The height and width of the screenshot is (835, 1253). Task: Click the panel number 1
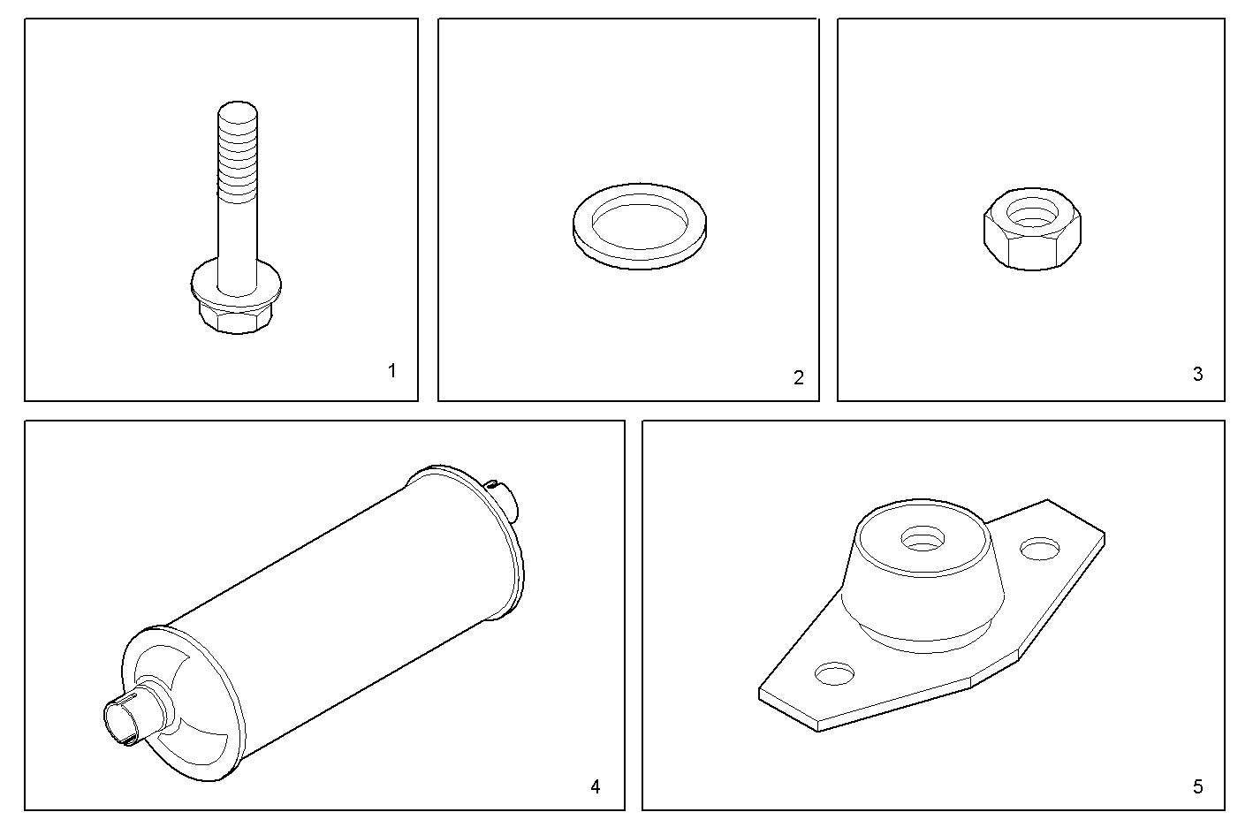[x=392, y=371]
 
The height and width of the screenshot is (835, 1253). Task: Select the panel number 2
[x=799, y=378]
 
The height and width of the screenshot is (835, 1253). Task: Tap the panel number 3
[x=1197, y=374]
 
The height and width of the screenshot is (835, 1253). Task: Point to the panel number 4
[x=596, y=787]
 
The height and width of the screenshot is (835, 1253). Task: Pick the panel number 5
[x=1197, y=787]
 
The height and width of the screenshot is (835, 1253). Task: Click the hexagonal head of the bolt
[x=236, y=319]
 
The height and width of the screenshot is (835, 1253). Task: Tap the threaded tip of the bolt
[x=238, y=151]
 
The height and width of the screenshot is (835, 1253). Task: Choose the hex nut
[x=1033, y=230]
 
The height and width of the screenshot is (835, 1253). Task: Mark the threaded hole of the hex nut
[x=1033, y=213]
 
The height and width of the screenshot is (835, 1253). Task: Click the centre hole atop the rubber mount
[x=923, y=539]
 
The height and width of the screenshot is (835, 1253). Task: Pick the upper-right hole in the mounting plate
[x=1040, y=549]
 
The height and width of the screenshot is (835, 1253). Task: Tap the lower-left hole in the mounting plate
[x=834, y=673]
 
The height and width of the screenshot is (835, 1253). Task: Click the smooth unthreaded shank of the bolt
[x=238, y=246]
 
